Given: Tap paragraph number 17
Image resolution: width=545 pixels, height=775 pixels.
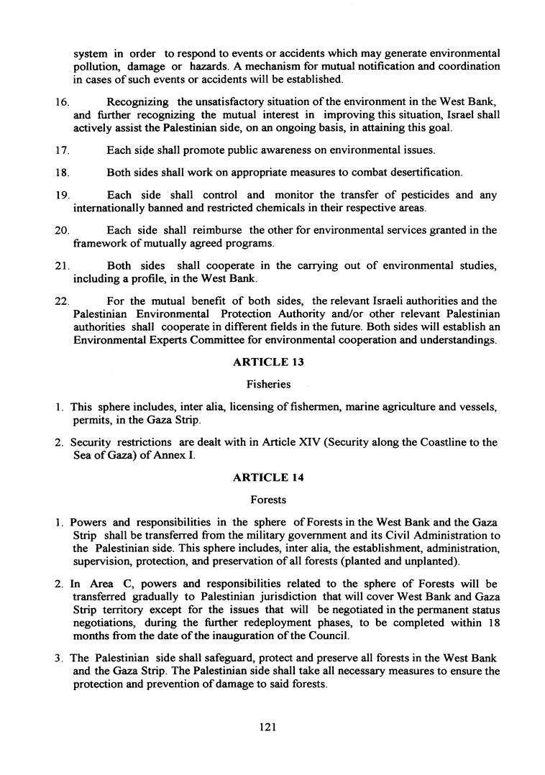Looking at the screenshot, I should click(x=60, y=151).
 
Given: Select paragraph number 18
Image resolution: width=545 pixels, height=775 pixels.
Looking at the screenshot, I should click(x=60, y=173).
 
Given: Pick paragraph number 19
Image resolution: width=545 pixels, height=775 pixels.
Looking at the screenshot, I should click(x=60, y=196).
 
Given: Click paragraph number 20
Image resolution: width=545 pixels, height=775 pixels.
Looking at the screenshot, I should click(x=60, y=231).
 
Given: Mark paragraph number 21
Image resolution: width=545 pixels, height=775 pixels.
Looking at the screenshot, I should click(x=60, y=266).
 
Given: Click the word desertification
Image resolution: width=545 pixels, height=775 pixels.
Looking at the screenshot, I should click(x=423, y=173).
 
